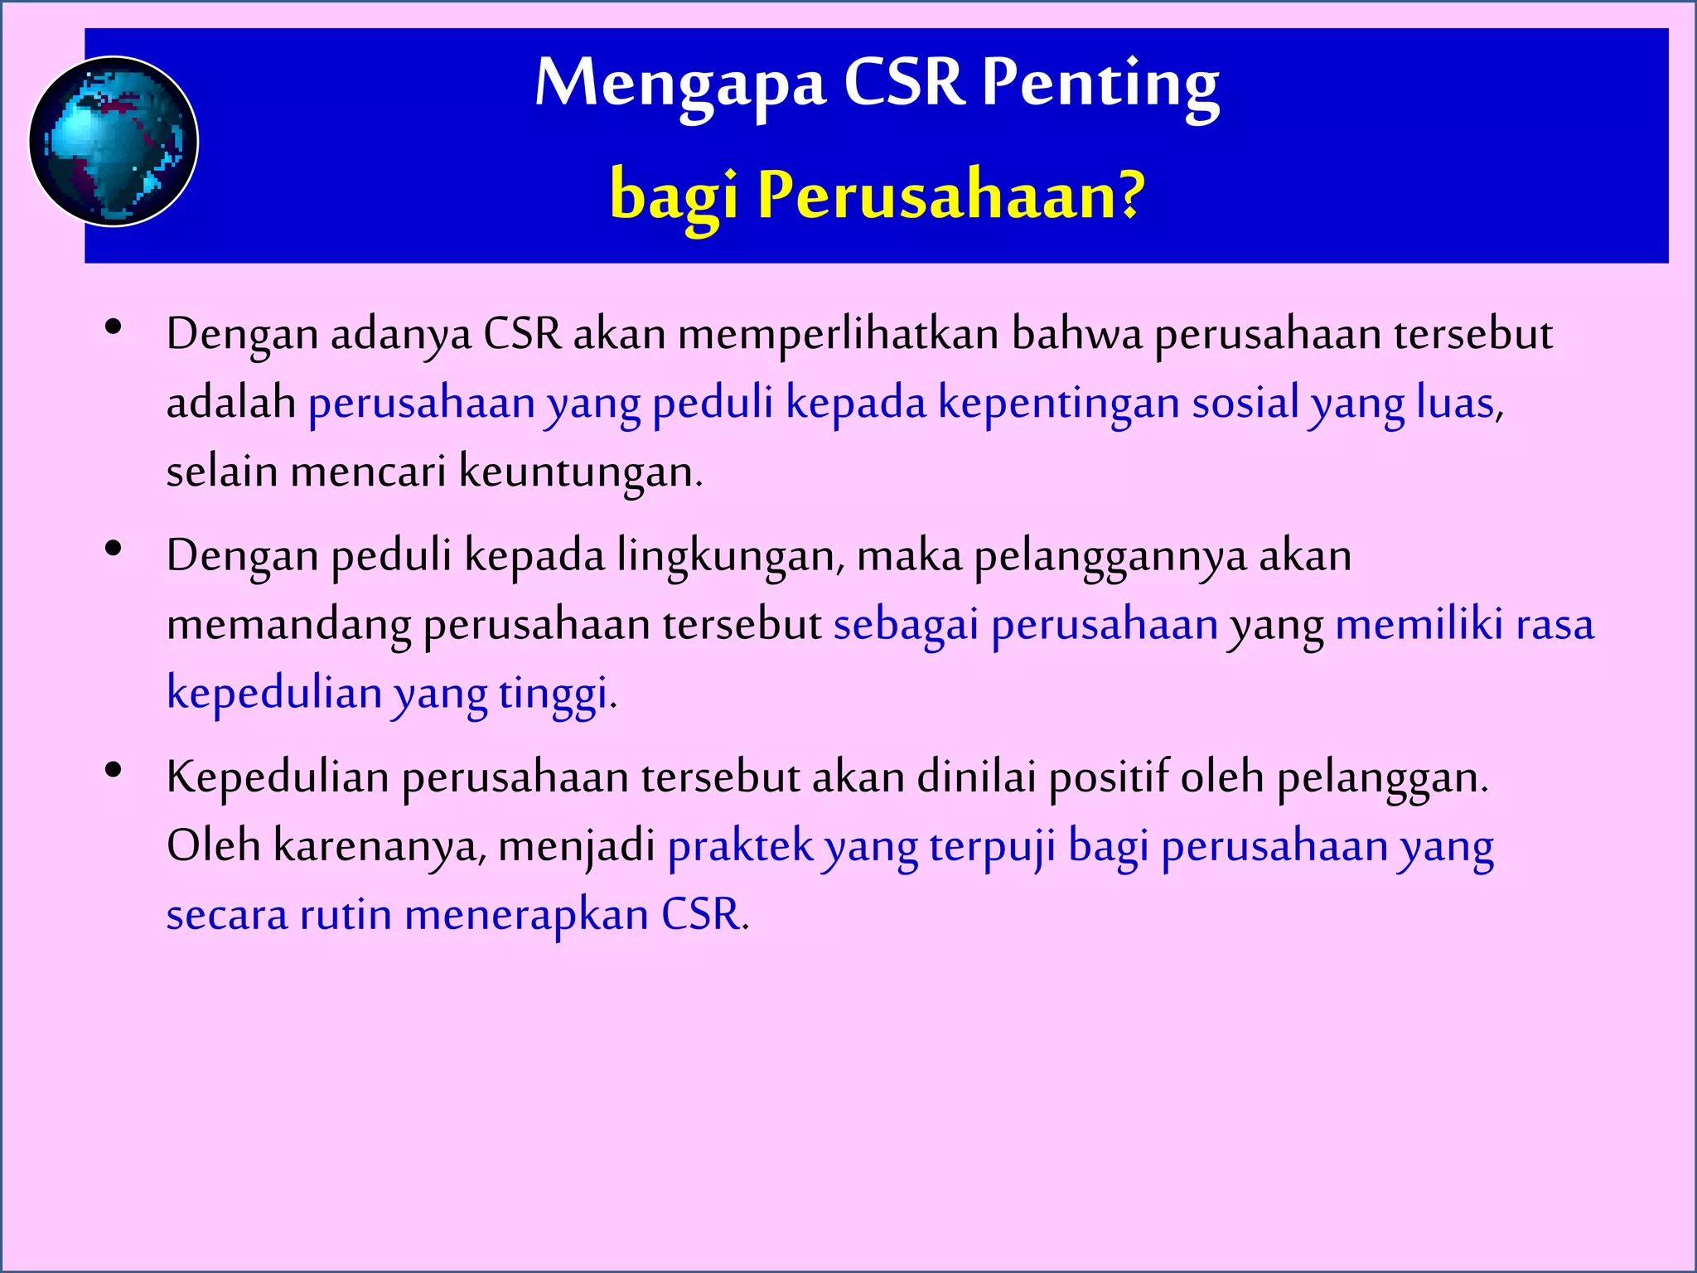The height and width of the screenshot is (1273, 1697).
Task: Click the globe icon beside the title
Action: (x=114, y=142)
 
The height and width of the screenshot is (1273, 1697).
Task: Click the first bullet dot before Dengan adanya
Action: (x=114, y=327)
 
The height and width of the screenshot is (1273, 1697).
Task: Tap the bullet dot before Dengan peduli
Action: (x=114, y=549)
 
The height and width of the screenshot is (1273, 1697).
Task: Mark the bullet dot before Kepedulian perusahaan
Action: (x=114, y=770)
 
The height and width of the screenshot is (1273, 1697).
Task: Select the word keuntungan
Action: (x=580, y=472)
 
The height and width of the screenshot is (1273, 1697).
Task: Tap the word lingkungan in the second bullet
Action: (x=730, y=556)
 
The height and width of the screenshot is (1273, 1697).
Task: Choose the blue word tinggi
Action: (x=554, y=695)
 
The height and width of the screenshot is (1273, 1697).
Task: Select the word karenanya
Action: (x=378, y=847)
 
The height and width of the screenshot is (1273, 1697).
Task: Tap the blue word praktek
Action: (x=741, y=847)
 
